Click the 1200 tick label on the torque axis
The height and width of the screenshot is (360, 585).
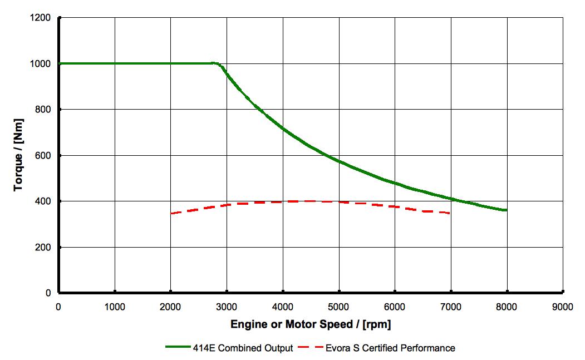41,18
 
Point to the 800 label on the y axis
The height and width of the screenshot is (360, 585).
43,110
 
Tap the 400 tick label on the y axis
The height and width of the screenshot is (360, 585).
43,201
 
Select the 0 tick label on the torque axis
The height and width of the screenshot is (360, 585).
48,293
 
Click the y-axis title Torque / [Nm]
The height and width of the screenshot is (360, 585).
19,155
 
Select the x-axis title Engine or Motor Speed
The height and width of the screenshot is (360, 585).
311,324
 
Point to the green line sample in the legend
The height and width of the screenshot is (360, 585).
178,348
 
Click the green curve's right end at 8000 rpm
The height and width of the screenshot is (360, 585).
506,210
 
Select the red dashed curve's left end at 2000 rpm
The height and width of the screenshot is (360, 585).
171,213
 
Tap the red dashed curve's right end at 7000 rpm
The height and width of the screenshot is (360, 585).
449,213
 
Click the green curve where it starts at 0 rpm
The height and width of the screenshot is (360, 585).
60,63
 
